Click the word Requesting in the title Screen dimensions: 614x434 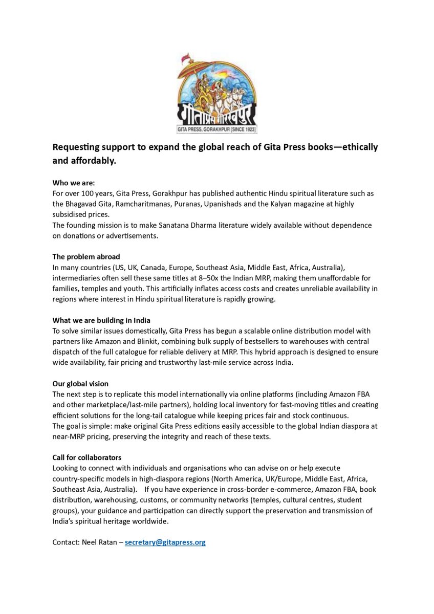pos(76,147)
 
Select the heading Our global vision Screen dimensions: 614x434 pos(80,384)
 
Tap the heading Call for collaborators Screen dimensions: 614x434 pos(87,457)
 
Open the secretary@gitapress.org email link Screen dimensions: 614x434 pos(165,542)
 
